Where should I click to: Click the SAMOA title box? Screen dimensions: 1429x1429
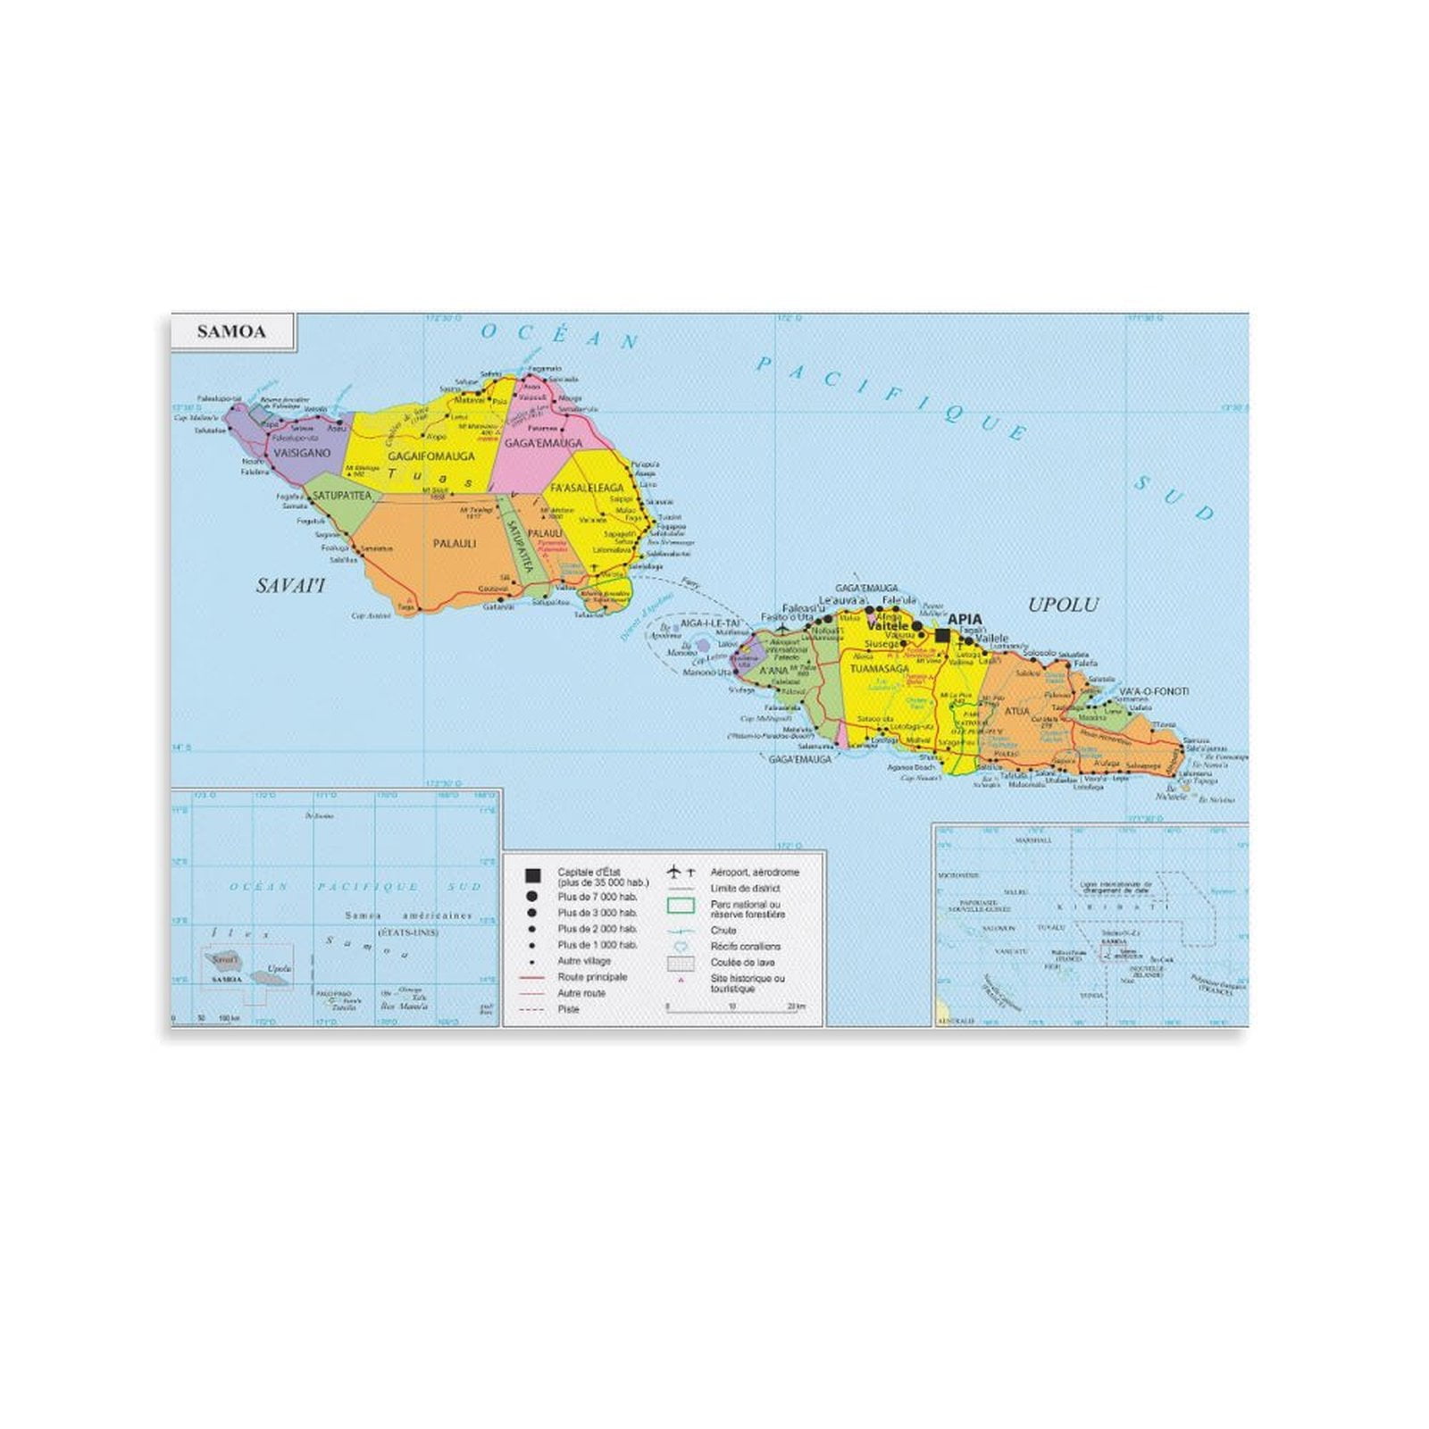[x=231, y=332]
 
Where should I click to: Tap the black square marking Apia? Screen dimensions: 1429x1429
[x=942, y=635]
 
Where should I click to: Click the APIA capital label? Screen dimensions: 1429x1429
[x=965, y=619]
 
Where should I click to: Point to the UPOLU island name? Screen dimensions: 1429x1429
[x=1063, y=605]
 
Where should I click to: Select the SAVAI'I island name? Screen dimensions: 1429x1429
[x=290, y=586]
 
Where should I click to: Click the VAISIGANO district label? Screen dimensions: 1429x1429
[x=302, y=453]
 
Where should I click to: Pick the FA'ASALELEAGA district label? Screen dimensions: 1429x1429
[x=587, y=489]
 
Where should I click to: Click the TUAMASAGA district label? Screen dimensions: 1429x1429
[x=879, y=669]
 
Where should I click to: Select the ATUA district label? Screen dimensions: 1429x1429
[x=1016, y=712]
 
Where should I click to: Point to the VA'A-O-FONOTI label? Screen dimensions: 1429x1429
[x=1154, y=691]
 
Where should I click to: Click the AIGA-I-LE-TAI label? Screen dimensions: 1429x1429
[x=711, y=623]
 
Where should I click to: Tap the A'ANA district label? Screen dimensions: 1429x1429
[x=773, y=671]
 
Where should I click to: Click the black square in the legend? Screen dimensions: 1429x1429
[x=533, y=875]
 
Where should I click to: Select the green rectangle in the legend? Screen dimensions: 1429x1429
[x=681, y=906]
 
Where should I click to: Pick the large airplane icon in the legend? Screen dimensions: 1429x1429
[x=673, y=872]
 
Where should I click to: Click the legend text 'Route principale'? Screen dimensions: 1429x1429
[x=592, y=977]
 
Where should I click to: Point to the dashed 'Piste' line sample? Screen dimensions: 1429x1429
[x=532, y=1009]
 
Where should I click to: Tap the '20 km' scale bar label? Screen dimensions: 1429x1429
[x=796, y=1007]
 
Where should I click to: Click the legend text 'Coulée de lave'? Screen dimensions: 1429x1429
[x=742, y=963]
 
